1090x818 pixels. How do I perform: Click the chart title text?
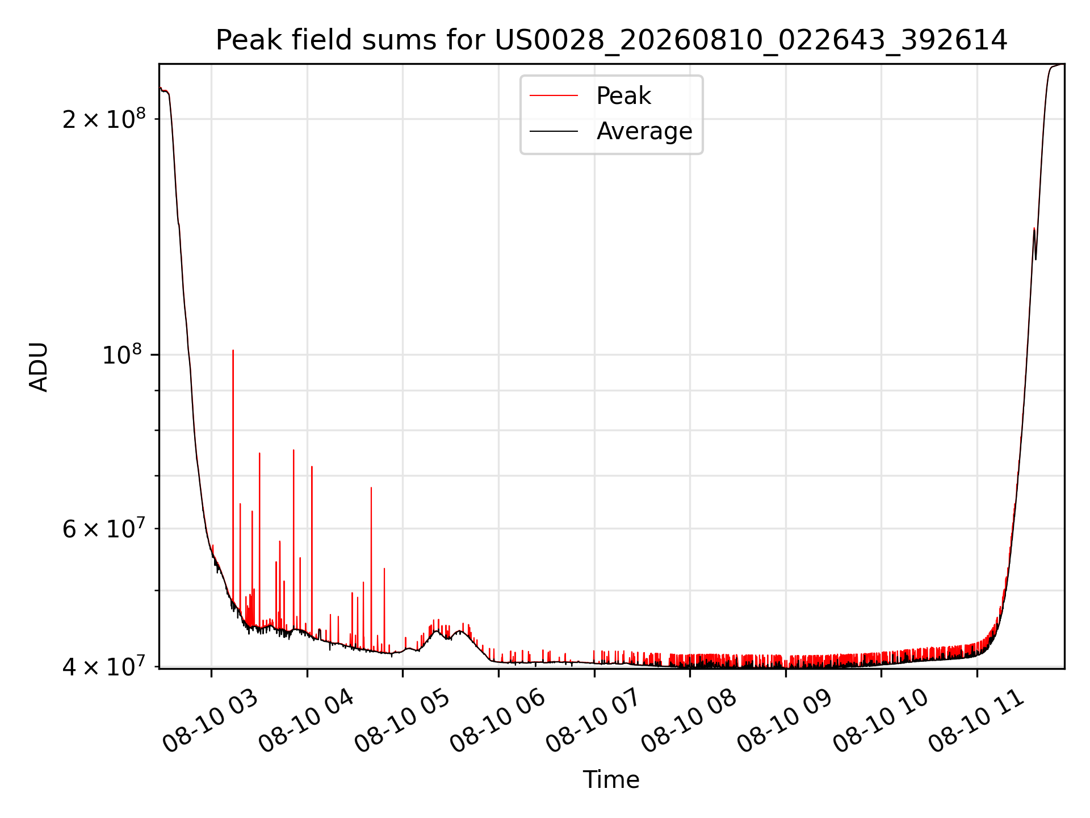coord(611,40)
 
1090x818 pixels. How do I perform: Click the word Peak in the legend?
coord(623,96)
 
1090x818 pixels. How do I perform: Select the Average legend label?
coord(644,131)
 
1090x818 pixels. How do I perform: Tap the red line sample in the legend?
coord(554,96)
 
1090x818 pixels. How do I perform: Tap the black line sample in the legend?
coord(554,131)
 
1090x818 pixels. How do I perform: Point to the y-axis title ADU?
coord(39,367)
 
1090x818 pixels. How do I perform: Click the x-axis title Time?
coord(611,780)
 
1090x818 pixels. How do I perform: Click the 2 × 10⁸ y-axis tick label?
coord(104,118)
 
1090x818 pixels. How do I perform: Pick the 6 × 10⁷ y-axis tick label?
coord(104,528)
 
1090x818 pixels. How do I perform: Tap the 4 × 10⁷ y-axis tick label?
coord(104,666)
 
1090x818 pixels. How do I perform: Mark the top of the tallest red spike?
coord(233,350)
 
